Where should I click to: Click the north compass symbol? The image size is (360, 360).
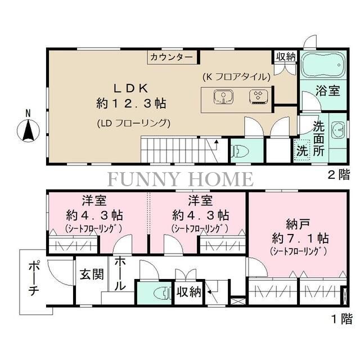(28, 130)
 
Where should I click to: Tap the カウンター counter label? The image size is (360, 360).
(172, 57)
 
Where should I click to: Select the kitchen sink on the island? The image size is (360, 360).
(223, 97)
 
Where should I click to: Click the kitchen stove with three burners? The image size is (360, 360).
(259, 97)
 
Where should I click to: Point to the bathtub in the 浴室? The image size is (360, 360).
(323, 65)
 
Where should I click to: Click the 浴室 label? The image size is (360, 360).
(327, 91)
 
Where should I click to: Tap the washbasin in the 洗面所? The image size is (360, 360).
(337, 130)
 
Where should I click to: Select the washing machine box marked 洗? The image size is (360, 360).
(302, 149)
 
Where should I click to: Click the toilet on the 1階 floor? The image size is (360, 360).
(163, 293)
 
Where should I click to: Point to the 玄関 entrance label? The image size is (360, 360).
(92, 274)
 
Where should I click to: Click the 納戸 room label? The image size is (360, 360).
(298, 224)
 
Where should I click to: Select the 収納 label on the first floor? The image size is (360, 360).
(189, 292)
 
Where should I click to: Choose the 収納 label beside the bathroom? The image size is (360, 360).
(286, 56)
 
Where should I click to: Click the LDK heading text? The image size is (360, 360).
(131, 88)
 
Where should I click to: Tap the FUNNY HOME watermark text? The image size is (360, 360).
(181, 179)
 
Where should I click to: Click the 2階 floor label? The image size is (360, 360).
(339, 175)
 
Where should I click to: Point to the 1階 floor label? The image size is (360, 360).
(341, 319)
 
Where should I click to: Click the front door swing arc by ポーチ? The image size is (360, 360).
(56, 276)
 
